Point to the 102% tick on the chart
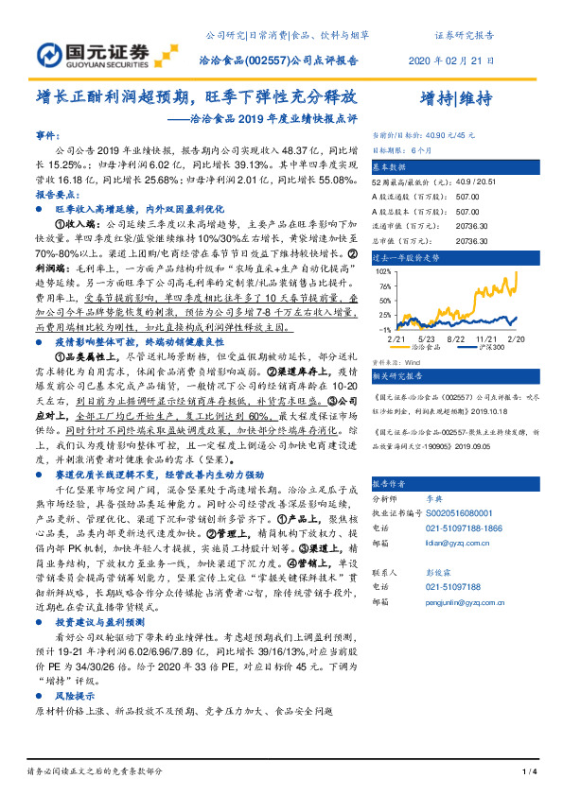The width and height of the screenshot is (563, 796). point(385,270)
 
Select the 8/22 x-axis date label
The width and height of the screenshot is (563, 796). point(455,337)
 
